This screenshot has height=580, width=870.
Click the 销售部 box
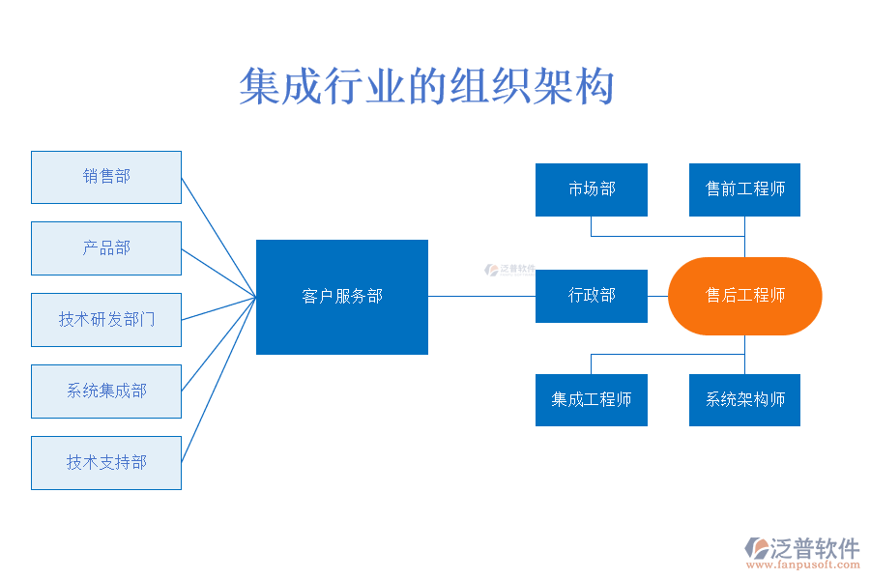click(106, 177)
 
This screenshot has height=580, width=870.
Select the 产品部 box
click(106, 248)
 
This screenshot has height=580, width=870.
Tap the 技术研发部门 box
click(106, 320)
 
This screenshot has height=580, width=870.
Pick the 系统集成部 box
click(106, 391)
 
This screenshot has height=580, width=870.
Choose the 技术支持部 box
click(106, 463)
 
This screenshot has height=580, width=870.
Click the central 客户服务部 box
click(342, 297)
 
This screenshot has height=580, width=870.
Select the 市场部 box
click(592, 189)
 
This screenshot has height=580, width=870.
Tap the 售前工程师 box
click(744, 189)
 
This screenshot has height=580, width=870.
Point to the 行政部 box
click(592, 296)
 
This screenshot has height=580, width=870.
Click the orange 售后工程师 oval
click(744, 296)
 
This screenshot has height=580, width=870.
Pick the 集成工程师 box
click(592, 400)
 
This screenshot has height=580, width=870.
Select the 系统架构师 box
click(744, 400)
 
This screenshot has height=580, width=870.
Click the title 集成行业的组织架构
click(426, 87)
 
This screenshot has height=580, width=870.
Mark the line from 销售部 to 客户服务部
click(218, 236)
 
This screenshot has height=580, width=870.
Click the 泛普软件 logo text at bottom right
click(814, 548)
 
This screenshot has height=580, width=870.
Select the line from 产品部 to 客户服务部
click(218, 273)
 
